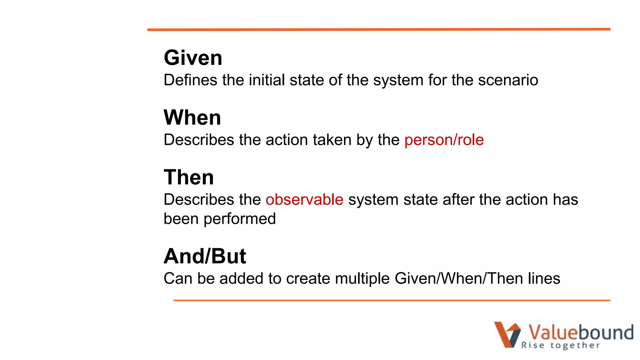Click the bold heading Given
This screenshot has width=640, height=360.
click(x=193, y=58)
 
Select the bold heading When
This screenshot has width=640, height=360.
click(x=192, y=118)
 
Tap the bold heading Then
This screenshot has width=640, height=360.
click(x=189, y=177)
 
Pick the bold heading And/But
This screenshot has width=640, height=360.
click(x=205, y=256)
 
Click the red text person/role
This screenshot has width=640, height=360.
click(x=444, y=140)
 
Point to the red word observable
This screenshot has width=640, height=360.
click(x=304, y=199)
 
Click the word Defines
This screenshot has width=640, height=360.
click(x=190, y=80)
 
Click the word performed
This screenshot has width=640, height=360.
click(x=240, y=219)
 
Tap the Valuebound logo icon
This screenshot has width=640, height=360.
click(x=507, y=334)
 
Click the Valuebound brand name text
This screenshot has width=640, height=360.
click(x=581, y=332)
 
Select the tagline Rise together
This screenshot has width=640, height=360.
click(x=560, y=345)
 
